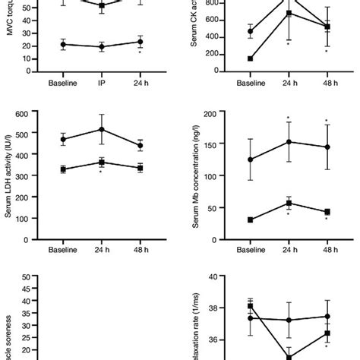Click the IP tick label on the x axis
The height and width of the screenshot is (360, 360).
coord(102,81)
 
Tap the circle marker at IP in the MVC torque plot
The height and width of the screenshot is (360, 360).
coord(102,47)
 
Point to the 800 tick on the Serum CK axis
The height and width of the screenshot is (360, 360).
coord(212,3)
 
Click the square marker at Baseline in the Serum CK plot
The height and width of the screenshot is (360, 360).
coord(251,58)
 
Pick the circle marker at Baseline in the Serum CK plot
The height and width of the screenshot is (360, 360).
coord(251,32)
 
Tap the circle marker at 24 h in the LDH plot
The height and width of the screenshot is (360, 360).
coord(102,129)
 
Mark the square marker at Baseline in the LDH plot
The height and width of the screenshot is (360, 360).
coord(63,169)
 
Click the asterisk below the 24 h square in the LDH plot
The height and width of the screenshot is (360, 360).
coord(102,172)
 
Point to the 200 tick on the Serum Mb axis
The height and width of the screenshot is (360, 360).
coord(212,113)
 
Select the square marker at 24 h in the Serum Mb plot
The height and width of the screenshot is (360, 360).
coord(289,203)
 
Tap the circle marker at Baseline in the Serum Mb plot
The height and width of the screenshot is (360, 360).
coord(251,159)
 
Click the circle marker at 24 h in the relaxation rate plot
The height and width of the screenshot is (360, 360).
coord(289,320)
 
